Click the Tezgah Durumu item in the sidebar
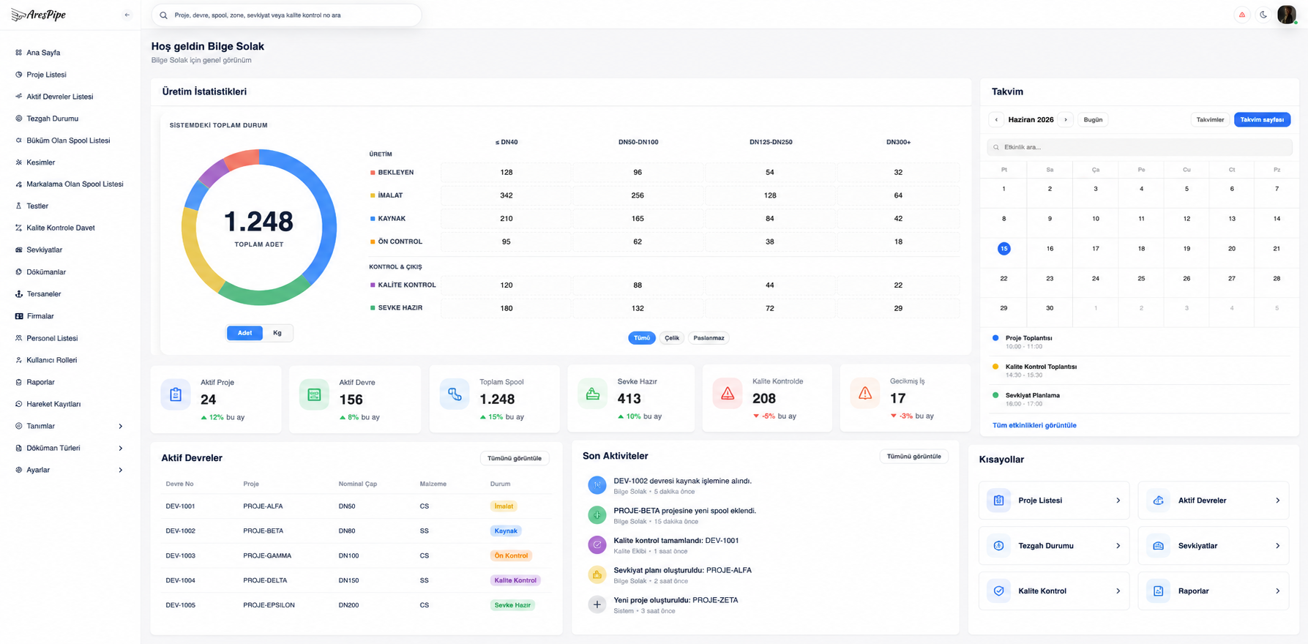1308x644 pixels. tap(52, 119)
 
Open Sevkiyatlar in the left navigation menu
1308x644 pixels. tap(44, 250)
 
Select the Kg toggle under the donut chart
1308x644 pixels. tap(277, 333)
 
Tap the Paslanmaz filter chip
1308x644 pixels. tap(709, 338)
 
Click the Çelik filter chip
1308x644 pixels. tap(672, 338)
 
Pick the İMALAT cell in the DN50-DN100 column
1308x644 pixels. tap(638, 195)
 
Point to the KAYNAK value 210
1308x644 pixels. tap(506, 219)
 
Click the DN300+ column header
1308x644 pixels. tap(898, 142)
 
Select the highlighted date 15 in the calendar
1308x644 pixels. tap(1004, 249)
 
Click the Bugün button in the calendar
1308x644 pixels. tap(1093, 120)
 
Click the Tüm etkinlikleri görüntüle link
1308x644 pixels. tap(1034, 425)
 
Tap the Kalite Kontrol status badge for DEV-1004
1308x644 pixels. tap(515, 580)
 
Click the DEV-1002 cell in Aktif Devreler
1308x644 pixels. tap(180, 531)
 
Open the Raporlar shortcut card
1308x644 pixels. tap(1213, 591)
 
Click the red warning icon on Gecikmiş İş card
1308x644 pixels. tap(865, 394)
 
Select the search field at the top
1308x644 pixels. tap(286, 15)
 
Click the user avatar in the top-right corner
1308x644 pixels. tap(1286, 15)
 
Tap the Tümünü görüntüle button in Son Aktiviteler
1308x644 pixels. tap(913, 457)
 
